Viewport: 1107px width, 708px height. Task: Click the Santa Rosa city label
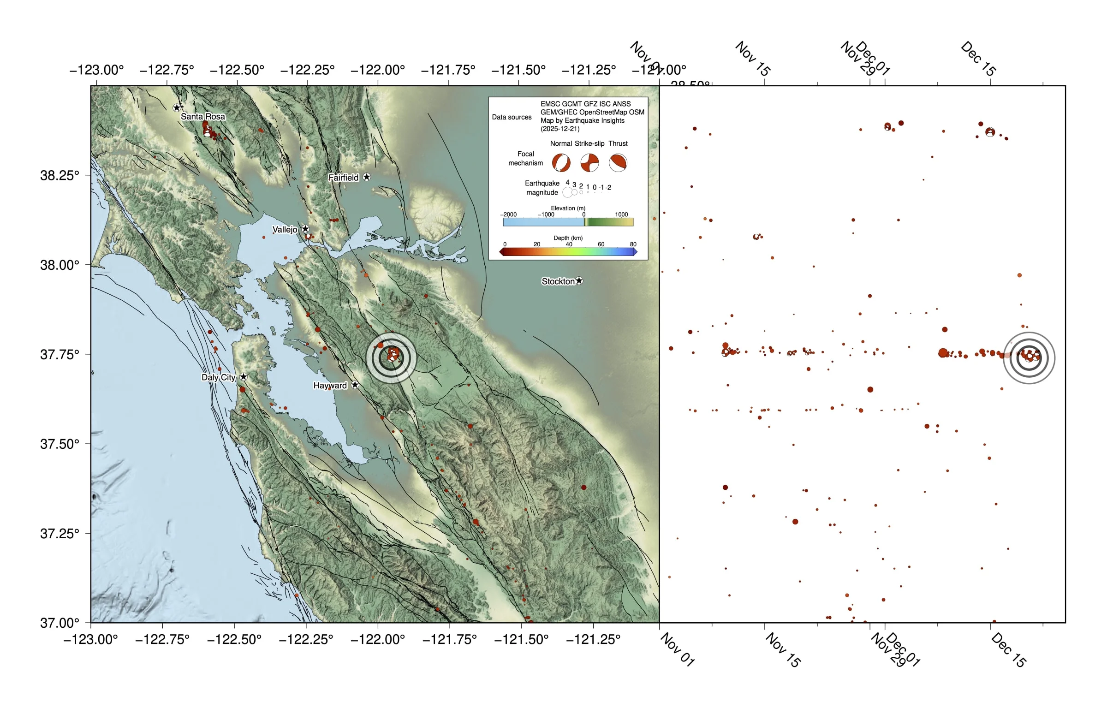(202, 116)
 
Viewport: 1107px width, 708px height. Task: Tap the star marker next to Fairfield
(367, 177)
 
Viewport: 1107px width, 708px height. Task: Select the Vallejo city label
(285, 229)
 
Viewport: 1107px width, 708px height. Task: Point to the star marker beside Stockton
(579, 280)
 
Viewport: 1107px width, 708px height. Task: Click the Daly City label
(218, 377)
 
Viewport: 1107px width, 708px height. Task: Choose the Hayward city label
(330, 385)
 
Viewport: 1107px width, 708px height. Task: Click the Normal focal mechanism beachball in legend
(561, 163)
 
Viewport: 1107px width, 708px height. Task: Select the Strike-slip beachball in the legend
(589, 163)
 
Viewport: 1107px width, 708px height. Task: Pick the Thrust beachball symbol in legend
(618, 163)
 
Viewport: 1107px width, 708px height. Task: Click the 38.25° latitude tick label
(60, 175)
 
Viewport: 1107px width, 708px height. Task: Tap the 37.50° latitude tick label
(60, 444)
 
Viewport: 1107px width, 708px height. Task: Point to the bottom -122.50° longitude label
(234, 639)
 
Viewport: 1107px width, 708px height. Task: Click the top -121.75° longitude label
(448, 70)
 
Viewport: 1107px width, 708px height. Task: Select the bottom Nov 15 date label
(783, 649)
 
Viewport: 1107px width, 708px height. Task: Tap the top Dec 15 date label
(978, 59)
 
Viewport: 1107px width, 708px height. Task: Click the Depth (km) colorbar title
(568, 238)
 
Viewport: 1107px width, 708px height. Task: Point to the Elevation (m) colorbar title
(568, 208)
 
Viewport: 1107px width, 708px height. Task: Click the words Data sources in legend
(512, 117)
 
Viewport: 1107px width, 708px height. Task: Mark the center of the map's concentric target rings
(392, 357)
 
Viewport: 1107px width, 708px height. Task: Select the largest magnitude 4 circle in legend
(567, 192)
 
